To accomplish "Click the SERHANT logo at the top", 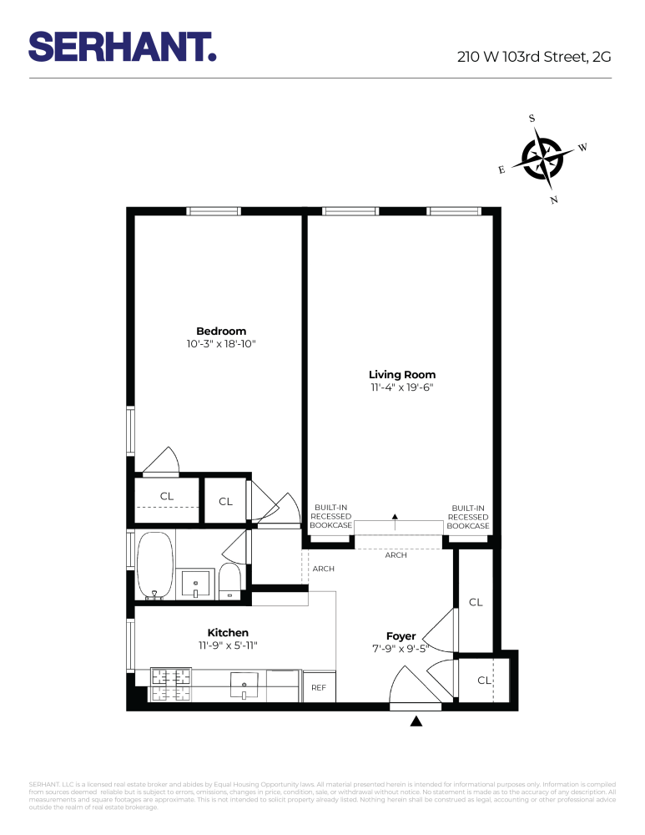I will coord(123,47).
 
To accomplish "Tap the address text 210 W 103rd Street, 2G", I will coord(534,58).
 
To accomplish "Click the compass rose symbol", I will coord(542,157).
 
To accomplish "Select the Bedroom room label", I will coord(221,331).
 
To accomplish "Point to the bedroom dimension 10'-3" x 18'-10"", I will coord(221,344).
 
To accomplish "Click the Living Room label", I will coord(402,375).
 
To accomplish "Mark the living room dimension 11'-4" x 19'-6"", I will coord(402,387).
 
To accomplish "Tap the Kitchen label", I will coord(228,633).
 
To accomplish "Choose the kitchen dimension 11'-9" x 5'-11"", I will coord(228,645).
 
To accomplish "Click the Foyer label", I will coord(401,636).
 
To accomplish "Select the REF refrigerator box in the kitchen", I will coord(319,687).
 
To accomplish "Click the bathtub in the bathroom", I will coord(154,565).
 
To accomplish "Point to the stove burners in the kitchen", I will coord(170,684).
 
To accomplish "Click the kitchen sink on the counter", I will coord(244,686).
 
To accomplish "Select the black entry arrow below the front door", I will coord(416,721).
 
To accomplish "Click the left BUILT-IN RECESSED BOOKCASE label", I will coord(331,517).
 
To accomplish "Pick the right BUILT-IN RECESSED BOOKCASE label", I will coord(467,517).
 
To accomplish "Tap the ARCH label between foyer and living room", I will coord(396,555).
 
